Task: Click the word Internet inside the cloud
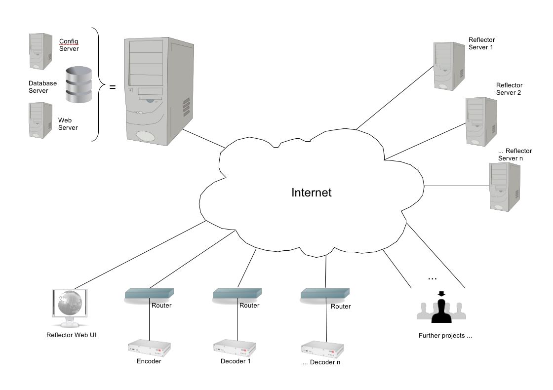pyautogui.click(x=312, y=193)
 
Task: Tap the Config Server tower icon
pyautogui.click(x=41, y=51)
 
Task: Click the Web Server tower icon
pyautogui.click(x=41, y=120)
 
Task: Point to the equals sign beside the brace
pyautogui.click(x=112, y=87)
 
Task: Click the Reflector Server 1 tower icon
pyautogui.click(x=449, y=66)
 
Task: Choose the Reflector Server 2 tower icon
pyautogui.click(x=481, y=121)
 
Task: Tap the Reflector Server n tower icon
pyautogui.click(x=504, y=187)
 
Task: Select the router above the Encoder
pyautogui.click(x=149, y=295)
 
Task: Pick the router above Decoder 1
pyautogui.click(x=237, y=295)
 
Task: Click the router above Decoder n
pyautogui.click(x=325, y=295)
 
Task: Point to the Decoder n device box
pyautogui.click(x=323, y=349)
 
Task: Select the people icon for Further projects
pyautogui.click(x=441, y=309)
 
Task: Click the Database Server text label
pyautogui.click(x=42, y=87)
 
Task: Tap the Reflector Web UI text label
pyautogui.click(x=71, y=335)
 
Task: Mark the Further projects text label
pyautogui.click(x=445, y=336)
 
